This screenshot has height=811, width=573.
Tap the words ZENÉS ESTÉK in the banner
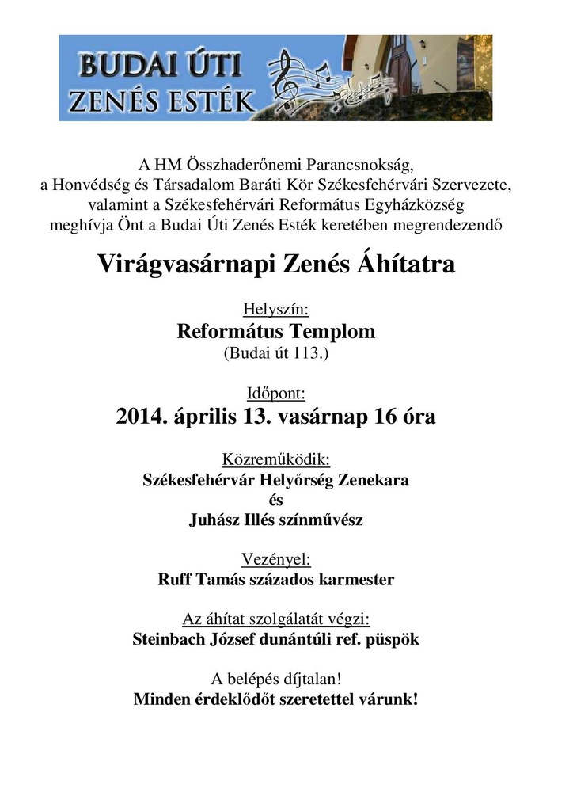162,101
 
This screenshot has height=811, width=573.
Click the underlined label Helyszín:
275,309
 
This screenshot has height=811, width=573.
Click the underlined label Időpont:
275,392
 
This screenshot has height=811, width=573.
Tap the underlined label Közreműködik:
275,459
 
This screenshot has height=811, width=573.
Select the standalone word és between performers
275,501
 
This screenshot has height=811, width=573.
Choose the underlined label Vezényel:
275,560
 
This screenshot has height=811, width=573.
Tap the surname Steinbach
165,640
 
